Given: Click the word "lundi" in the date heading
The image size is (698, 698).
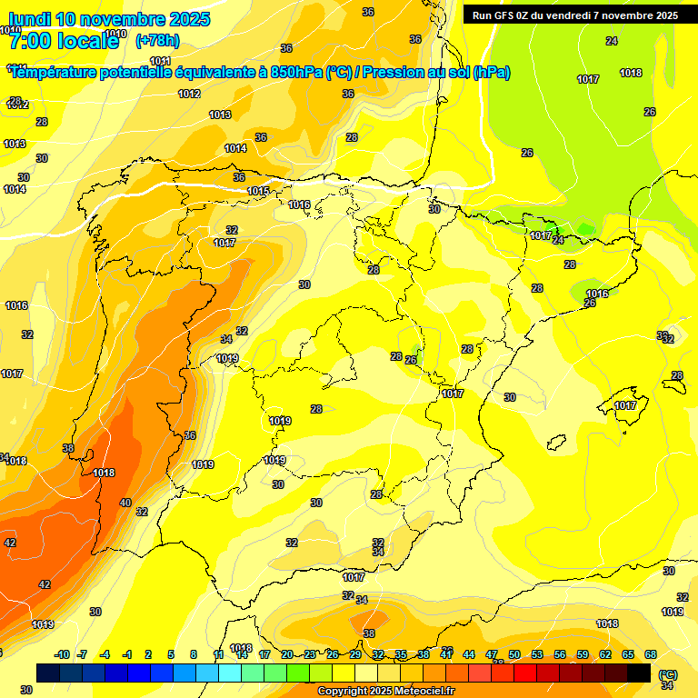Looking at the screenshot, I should coord(30,19).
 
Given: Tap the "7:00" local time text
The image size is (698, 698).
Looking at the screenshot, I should coord(30,41).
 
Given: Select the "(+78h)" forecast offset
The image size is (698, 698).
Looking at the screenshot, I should coord(157,40).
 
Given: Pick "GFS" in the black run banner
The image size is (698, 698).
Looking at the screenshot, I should coord(504,15).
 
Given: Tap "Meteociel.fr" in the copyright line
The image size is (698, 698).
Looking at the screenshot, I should coord(419,692).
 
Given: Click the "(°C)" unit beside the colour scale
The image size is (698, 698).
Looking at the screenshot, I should coord(668,675).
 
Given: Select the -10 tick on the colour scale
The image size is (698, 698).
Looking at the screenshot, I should coord(63,654).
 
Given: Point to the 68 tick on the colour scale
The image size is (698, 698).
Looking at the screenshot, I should coord(651,654).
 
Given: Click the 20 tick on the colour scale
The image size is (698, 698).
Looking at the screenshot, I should coord(287,654).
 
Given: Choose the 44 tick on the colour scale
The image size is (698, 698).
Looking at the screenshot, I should coord(469,654).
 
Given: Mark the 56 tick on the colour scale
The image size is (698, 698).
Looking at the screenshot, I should coord(560,654).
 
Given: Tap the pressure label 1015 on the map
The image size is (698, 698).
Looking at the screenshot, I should coord(258,191).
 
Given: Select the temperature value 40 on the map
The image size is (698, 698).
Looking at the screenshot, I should coord(125,503).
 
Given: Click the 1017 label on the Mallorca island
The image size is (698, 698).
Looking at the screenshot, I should coord(625,405).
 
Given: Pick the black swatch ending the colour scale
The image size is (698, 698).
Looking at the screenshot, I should coord(640,673).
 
